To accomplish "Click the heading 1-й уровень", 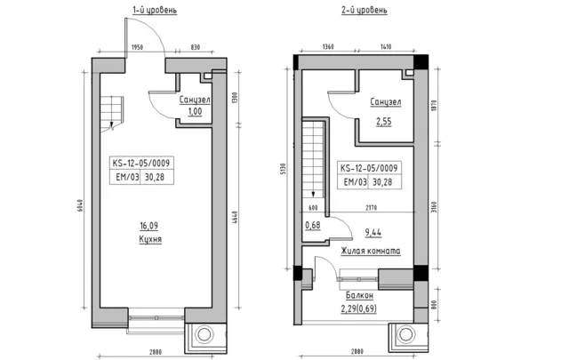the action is (155, 10).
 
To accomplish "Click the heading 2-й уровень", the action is (364, 10).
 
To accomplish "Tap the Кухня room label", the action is (150, 239).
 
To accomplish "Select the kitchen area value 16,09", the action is (148, 226).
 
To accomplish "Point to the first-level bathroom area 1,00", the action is (195, 111).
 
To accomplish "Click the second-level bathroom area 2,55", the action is (383, 121).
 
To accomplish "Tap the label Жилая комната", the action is (371, 251).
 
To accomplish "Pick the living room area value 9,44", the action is (373, 233).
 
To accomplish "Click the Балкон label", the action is (359, 295).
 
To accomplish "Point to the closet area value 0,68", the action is (312, 226).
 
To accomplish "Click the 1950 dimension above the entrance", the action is (137, 47).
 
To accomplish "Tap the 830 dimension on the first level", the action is (196, 47).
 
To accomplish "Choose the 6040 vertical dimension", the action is (80, 205).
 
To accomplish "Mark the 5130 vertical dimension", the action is (284, 169).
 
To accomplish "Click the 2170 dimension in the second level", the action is (372, 208).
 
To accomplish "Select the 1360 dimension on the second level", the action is (328, 47).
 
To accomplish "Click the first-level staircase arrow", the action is (112, 125).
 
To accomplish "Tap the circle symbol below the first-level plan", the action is (204, 334).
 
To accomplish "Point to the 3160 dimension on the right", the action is (435, 208).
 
